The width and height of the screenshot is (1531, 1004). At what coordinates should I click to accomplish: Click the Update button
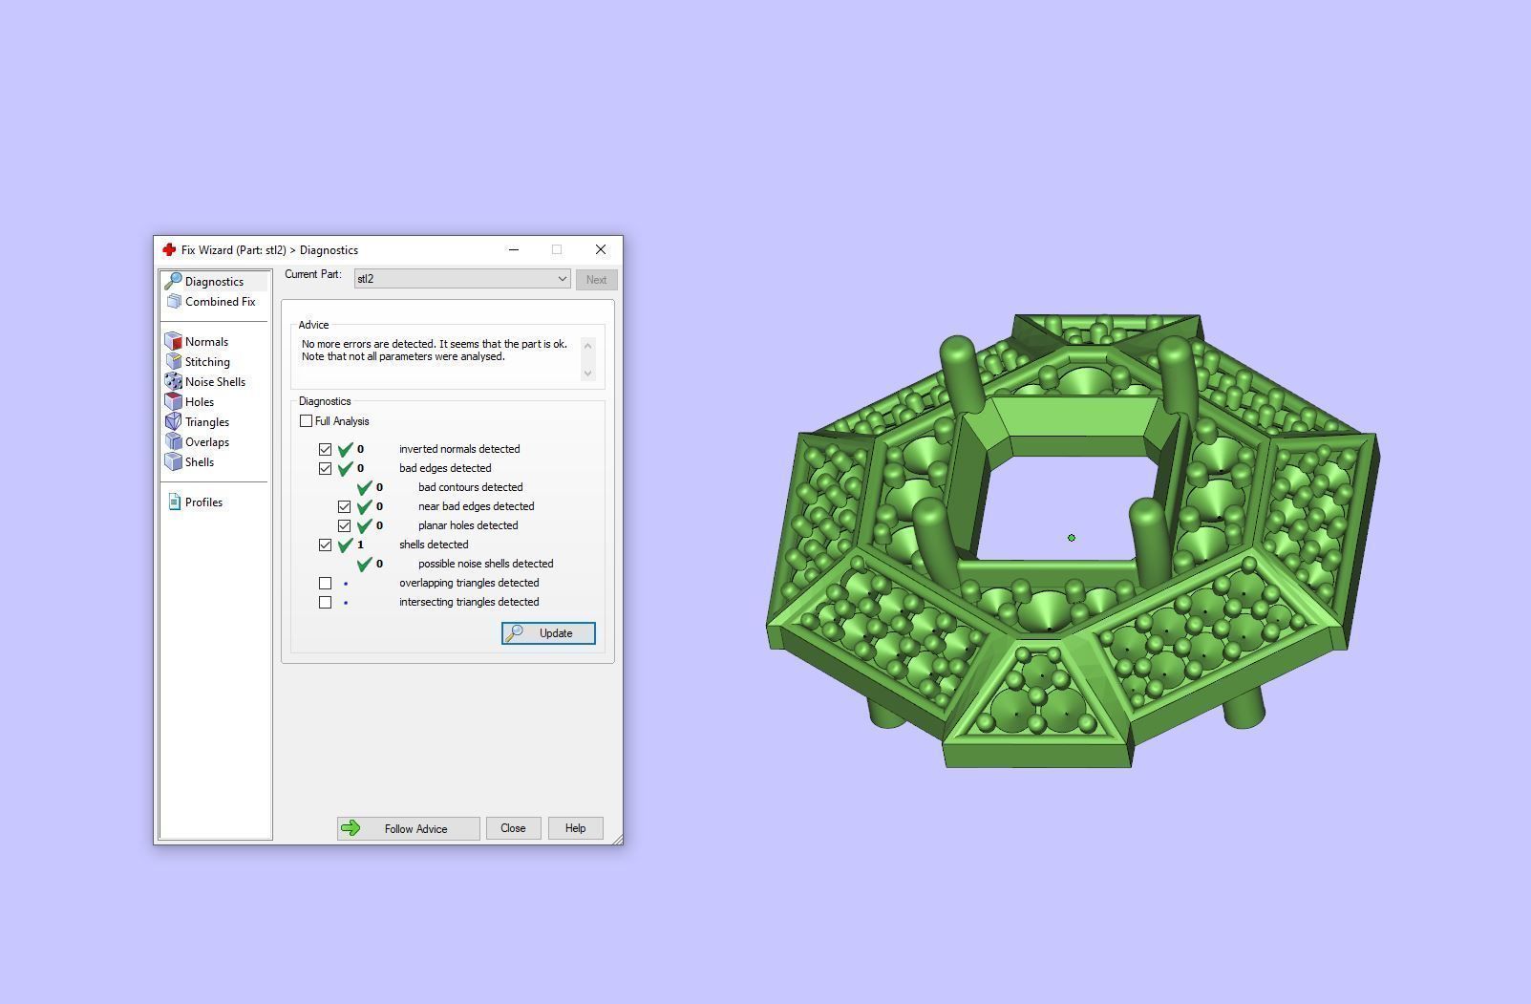pyautogui.click(x=548, y=633)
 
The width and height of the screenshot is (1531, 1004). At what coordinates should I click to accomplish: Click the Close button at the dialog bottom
pyautogui.click(x=513, y=828)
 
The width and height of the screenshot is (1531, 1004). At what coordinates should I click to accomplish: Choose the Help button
pyautogui.click(x=575, y=828)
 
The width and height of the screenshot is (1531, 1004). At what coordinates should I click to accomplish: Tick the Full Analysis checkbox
pyautogui.click(x=307, y=421)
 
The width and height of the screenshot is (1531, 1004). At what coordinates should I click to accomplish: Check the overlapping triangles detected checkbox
pyautogui.click(x=326, y=583)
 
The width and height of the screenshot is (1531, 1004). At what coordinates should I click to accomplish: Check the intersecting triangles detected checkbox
pyautogui.click(x=326, y=602)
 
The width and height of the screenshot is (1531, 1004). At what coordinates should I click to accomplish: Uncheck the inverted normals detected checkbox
pyautogui.click(x=326, y=449)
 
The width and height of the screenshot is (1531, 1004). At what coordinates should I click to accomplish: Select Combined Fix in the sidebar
pyautogui.click(x=220, y=302)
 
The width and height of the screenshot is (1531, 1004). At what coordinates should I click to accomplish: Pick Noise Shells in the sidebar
pyautogui.click(x=215, y=382)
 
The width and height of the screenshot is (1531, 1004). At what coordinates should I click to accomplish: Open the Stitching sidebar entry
pyautogui.click(x=207, y=362)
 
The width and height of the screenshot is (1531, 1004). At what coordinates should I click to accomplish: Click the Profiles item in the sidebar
pyautogui.click(x=203, y=502)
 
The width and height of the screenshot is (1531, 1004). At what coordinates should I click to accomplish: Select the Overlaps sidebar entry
pyautogui.click(x=206, y=442)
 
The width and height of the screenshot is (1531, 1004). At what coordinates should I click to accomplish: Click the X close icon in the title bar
pyautogui.click(x=601, y=250)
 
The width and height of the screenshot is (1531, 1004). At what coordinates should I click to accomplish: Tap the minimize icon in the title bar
pyautogui.click(x=514, y=250)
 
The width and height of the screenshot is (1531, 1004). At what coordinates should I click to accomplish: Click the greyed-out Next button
pyautogui.click(x=596, y=280)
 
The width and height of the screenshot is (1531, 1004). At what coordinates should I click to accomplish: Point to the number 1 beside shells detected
pyautogui.click(x=360, y=545)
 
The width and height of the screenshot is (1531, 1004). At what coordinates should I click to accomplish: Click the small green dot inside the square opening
pyautogui.click(x=1072, y=538)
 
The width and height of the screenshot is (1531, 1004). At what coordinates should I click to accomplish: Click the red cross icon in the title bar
pyautogui.click(x=169, y=250)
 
